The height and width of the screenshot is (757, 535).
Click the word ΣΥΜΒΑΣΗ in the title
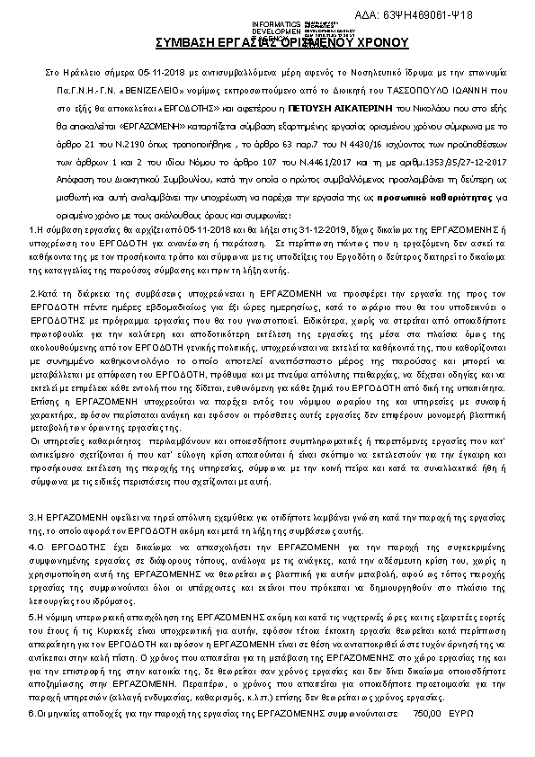tap(185, 42)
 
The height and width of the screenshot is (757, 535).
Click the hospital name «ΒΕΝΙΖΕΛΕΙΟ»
tap(129, 92)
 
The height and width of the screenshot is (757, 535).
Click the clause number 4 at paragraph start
tap(32, 546)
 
